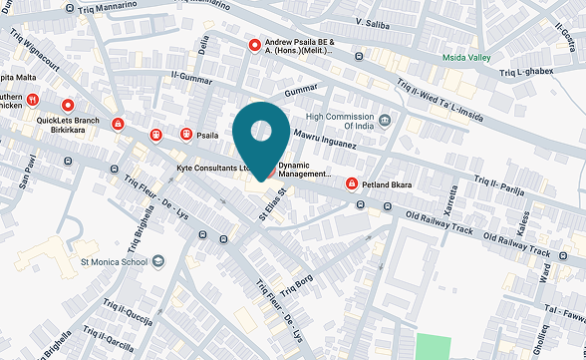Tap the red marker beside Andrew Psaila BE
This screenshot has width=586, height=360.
[255, 45]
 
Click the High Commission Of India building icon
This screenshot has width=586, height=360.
[385, 121]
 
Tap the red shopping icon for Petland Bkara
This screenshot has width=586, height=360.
[352, 184]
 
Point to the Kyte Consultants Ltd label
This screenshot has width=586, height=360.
[212, 169]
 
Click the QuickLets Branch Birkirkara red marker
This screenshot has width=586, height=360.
[68, 105]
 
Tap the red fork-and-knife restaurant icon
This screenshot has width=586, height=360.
[33, 99]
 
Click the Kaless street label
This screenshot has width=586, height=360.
[522, 219]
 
